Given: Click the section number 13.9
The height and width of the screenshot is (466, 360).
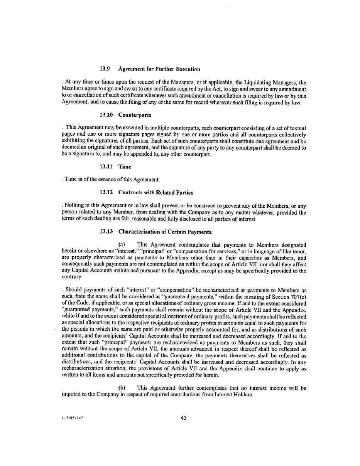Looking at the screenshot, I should point(105,69).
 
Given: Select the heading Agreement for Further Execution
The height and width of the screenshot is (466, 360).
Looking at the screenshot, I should point(159,69).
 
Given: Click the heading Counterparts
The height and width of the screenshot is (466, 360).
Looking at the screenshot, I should point(135,115).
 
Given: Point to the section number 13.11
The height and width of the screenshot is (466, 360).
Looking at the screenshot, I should point(106,167).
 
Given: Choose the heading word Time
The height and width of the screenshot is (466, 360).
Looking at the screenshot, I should point(125,167).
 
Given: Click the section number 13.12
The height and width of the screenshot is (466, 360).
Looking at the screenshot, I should point(106,192).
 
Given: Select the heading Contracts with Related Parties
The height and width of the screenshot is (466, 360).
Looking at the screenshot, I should point(155,192).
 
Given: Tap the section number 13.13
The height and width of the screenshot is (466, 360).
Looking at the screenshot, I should point(106,232).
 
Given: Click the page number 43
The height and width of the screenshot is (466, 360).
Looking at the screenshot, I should point(183,417).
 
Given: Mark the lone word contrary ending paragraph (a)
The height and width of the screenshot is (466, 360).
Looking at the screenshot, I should point(71,277).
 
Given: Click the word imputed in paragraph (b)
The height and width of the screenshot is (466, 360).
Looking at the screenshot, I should point(71,394).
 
